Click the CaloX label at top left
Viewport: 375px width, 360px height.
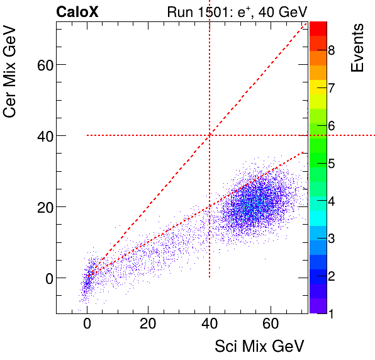(77, 11)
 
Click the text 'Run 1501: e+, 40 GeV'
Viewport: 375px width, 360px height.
(237, 11)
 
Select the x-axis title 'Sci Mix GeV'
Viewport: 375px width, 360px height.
(260, 346)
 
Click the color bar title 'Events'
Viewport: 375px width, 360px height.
(357, 48)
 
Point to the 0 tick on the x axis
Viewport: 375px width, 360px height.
(87, 326)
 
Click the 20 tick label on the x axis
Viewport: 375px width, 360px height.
(148, 326)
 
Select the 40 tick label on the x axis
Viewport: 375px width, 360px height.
(209, 326)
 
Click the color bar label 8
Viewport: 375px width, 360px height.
(331, 50)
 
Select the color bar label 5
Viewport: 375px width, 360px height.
(331, 164)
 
